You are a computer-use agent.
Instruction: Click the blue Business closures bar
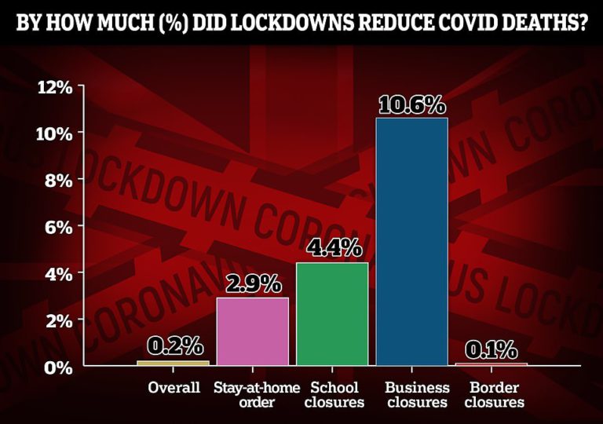(x=411, y=242)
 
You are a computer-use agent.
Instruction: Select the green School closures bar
(x=331, y=314)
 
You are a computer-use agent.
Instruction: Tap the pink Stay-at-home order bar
(x=252, y=331)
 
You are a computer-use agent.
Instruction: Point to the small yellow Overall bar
(x=173, y=363)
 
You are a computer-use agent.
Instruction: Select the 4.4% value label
(x=332, y=249)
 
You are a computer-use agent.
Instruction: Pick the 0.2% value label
(x=173, y=345)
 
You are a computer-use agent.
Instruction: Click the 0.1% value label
(x=492, y=348)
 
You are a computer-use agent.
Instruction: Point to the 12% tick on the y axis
(x=55, y=87)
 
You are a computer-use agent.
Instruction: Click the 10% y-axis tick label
(x=55, y=133)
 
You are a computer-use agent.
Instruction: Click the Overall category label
(x=173, y=388)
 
